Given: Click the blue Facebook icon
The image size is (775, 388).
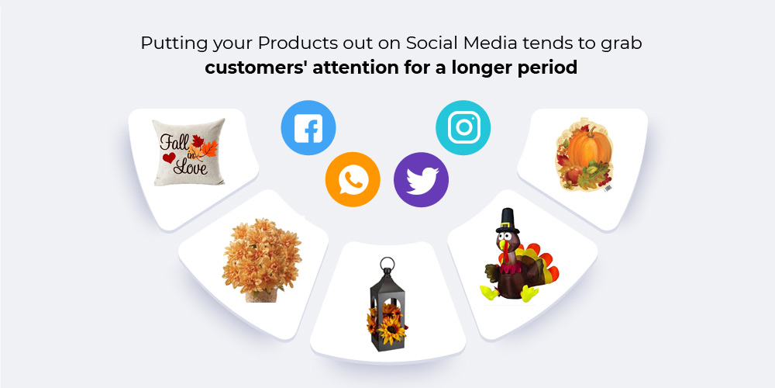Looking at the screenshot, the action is [308, 128].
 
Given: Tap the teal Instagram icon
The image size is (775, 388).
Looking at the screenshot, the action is [463, 128].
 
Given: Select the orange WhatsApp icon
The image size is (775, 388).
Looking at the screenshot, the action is [353, 180].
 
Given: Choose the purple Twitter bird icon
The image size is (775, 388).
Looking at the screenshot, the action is [421, 180].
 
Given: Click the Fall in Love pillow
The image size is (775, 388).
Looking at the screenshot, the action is [188, 152].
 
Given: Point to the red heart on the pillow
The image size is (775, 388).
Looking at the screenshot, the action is [169, 158].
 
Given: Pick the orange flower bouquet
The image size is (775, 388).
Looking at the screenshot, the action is [261, 260].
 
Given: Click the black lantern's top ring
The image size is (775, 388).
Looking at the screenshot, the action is [387, 263].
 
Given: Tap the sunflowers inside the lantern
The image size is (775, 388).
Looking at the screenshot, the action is [387, 324].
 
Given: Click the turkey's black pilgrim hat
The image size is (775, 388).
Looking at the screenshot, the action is [508, 220].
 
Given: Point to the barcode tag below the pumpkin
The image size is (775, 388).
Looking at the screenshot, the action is [607, 188].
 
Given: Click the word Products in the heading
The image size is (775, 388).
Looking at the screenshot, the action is [298, 43].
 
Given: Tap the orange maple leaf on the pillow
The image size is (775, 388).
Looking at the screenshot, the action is [207, 148].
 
